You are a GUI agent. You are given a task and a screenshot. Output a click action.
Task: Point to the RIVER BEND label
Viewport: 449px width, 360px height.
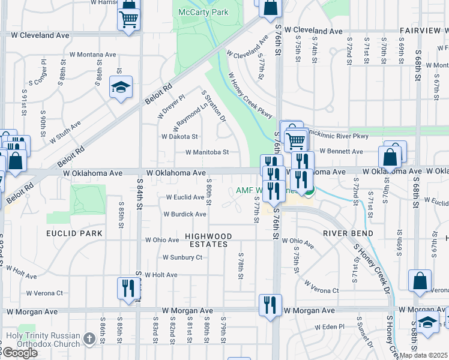click(x=348, y=233)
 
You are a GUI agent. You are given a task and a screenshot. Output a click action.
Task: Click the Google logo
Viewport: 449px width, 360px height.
click(x=20, y=353)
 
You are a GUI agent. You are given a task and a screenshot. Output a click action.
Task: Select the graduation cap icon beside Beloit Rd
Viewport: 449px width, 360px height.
click(x=121, y=88)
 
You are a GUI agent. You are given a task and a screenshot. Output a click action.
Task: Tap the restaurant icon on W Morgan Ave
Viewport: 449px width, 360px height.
click(x=271, y=305)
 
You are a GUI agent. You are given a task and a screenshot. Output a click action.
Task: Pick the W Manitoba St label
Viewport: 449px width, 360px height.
click(x=207, y=152)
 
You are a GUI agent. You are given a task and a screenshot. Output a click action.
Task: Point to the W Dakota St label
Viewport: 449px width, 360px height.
click(x=179, y=137)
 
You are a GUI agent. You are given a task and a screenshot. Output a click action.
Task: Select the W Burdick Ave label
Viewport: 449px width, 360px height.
click(x=185, y=214)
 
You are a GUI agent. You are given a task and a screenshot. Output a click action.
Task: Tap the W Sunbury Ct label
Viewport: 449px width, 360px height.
click(x=182, y=257)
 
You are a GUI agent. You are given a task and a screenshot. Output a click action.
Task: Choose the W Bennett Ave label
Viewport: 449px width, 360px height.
click(x=341, y=152)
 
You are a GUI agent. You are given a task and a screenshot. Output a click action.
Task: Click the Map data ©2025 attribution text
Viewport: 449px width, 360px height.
click(x=423, y=355)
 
